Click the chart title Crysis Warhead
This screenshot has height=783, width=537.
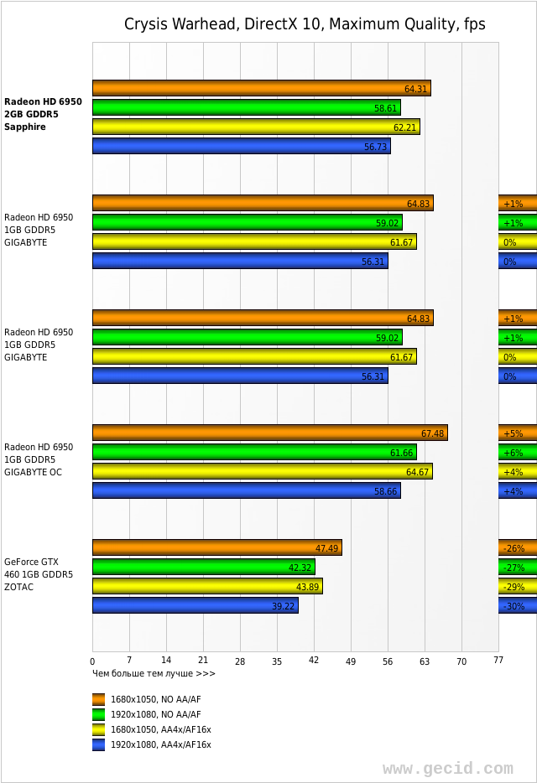(x=305, y=24)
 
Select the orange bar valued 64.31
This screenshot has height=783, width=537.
(x=261, y=88)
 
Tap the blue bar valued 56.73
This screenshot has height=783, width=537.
(x=241, y=146)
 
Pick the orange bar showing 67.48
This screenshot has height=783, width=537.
(x=269, y=433)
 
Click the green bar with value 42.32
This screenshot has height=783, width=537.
(x=203, y=567)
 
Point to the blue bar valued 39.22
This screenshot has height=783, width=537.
(x=195, y=605)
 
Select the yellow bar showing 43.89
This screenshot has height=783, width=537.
(x=207, y=586)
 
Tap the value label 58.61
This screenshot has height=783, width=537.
(x=385, y=108)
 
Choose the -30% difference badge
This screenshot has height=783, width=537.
(x=514, y=606)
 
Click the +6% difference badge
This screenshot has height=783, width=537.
(x=514, y=453)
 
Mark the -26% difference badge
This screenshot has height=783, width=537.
(x=514, y=548)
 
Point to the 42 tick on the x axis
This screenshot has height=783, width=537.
(x=314, y=661)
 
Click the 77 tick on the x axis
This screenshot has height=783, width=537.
(x=498, y=661)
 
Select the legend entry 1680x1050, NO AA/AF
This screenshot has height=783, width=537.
(x=155, y=699)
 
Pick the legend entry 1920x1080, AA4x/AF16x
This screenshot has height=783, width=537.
(x=160, y=744)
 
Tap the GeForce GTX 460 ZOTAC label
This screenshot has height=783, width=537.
(x=39, y=574)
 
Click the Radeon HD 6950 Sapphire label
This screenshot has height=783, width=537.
(x=43, y=115)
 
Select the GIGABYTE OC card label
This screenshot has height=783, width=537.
(x=39, y=459)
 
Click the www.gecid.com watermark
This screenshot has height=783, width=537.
(x=447, y=768)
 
